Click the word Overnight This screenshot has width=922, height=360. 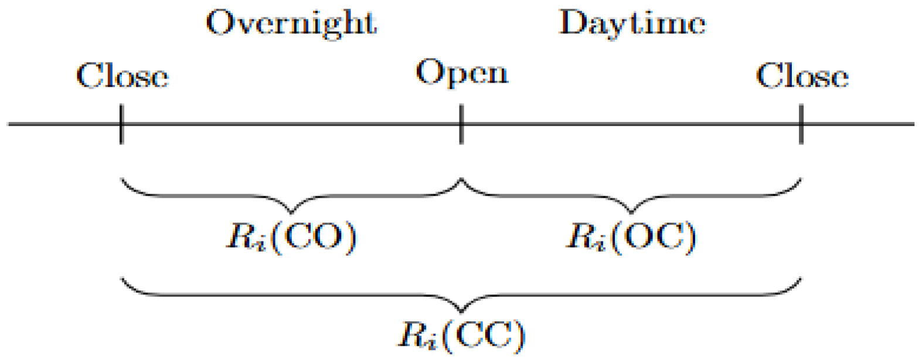click(x=291, y=23)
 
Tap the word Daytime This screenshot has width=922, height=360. click(x=632, y=23)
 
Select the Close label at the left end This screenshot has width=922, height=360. click(x=123, y=76)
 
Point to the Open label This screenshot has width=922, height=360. click(x=461, y=74)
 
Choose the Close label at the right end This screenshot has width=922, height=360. click(x=802, y=76)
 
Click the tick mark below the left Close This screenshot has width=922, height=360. click(x=121, y=124)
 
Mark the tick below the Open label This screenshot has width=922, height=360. click(x=461, y=124)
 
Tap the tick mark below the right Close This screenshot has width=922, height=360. click(x=801, y=124)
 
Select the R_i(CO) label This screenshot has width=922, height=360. click(x=291, y=237)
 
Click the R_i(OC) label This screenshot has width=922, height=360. click(x=631, y=237)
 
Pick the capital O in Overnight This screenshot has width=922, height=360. click(x=219, y=23)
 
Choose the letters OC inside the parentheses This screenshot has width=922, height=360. click(x=654, y=236)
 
